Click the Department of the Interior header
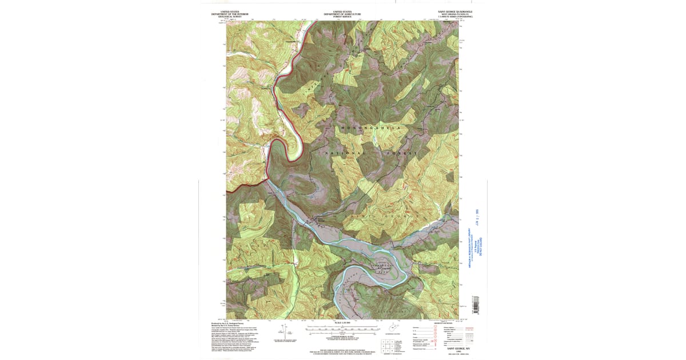(230, 14)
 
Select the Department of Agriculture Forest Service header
(342, 14)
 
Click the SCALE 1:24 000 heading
(342, 323)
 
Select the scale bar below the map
(342, 329)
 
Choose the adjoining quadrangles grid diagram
(388, 345)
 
